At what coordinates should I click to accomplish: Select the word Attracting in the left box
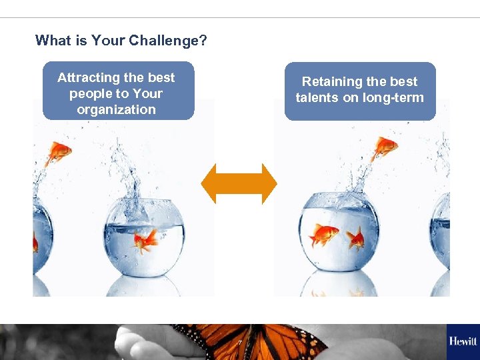coord(85,77)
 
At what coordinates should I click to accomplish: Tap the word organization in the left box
coord(117,109)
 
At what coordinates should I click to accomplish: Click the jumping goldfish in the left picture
coord(59,153)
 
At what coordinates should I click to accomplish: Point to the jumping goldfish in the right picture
coord(385,147)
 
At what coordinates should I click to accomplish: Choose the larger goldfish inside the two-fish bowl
coord(323,234)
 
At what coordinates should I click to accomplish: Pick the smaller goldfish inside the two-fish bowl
coord(356,238)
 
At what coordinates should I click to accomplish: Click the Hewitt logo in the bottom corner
coord(463,341)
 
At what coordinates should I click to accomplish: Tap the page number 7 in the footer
coord(239,343)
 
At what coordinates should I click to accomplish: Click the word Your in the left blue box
coord(147,93)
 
